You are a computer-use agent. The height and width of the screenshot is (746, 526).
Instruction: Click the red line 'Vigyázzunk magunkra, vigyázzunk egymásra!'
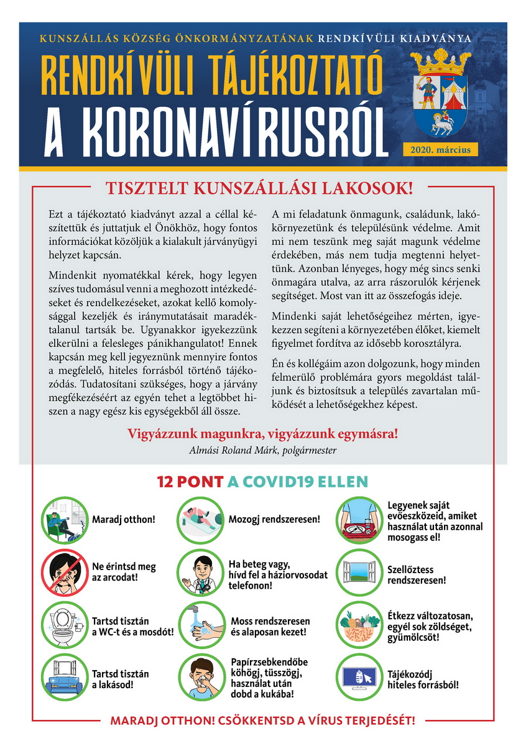point(262,434)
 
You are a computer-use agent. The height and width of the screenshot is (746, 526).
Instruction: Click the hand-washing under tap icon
point(200,625)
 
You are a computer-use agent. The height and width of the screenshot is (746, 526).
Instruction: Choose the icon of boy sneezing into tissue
point(200,678)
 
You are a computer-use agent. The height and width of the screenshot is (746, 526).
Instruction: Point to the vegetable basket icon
point(359,625)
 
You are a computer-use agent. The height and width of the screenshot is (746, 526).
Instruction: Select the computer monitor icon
point(359,678)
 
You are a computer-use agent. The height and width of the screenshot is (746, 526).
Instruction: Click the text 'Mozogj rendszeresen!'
point(274,519)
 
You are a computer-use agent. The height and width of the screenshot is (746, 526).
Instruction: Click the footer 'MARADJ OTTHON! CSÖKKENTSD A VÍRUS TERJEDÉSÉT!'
point(262,721)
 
